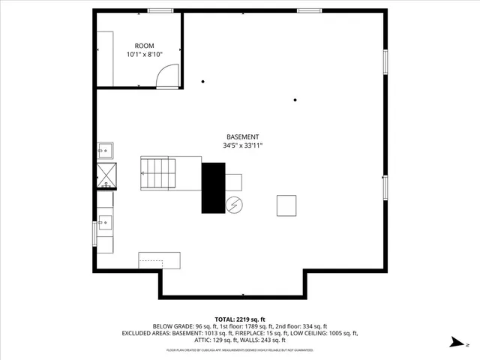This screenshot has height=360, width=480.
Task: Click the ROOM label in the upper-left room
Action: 144,46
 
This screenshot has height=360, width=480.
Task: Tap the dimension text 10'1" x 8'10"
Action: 144,55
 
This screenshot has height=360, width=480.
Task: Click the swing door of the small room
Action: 168,76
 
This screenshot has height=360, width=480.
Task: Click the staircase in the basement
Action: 158,172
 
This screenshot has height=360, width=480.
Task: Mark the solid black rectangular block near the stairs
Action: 213,187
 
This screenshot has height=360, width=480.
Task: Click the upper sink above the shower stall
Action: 105,151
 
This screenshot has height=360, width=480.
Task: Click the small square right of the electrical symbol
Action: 286,205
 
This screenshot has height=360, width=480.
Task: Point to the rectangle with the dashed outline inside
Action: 159,260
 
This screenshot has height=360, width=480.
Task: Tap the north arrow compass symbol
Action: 454,342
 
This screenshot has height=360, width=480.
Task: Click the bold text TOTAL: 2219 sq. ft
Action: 240,319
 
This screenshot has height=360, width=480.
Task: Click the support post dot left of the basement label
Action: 202,82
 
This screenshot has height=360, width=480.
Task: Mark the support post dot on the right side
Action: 295,100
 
